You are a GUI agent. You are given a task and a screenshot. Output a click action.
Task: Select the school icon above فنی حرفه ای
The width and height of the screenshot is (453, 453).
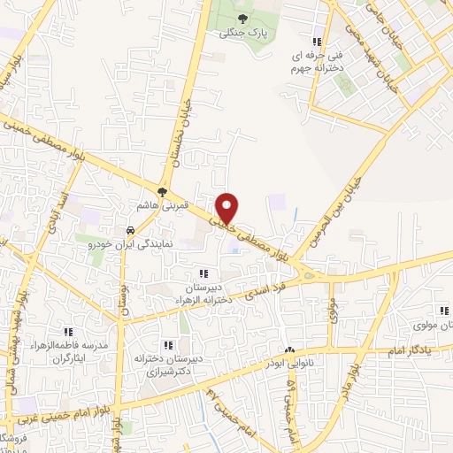316,41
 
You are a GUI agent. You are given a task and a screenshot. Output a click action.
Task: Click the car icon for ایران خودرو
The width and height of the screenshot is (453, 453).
131,227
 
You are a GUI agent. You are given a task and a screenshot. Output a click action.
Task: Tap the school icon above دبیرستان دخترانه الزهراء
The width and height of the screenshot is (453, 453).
203,274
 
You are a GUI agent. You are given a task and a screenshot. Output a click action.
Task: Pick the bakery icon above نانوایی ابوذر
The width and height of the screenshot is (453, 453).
288,350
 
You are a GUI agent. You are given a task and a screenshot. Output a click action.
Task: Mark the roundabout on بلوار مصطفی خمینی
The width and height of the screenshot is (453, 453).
309,275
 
